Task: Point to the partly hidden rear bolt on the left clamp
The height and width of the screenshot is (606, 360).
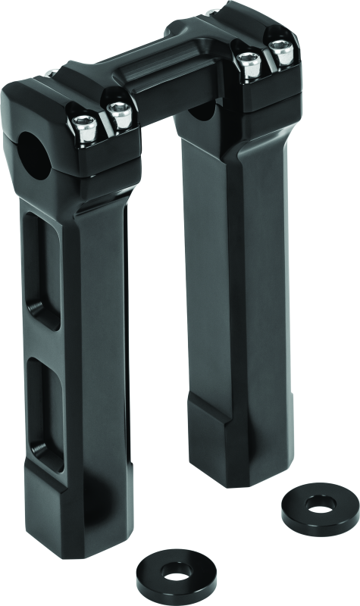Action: pos(49,73)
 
